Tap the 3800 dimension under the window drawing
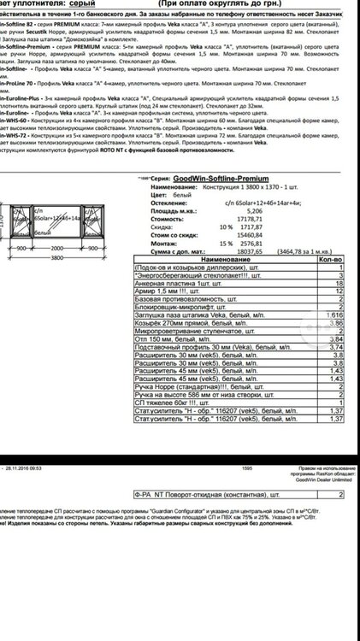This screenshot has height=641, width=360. [56, 256]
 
